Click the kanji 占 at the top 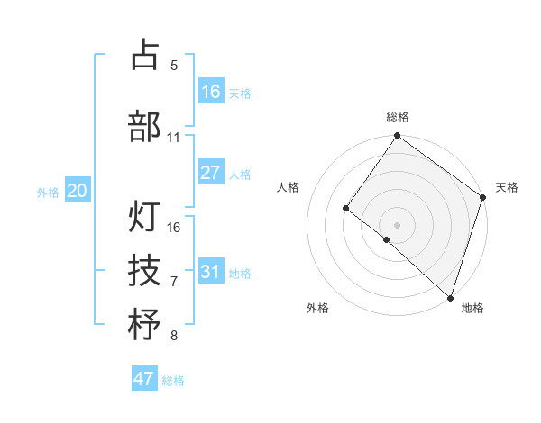click(144, 55)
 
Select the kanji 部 click(144, 126)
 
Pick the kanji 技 click(144, 269)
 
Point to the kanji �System click(144, 325)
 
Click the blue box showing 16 click(211, 92)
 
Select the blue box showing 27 click(211, 173)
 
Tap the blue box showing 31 click(211, 272)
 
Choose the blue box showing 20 click(78, 191)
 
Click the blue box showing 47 click(144, 379)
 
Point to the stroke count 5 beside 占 click(174, 66)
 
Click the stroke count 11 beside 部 click(174, 138)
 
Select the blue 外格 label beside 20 click(49, 193)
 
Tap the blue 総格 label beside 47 click(173, 381)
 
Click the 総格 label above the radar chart click(397, 117)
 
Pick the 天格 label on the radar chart click(507, 187)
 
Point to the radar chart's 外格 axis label click(316, 308)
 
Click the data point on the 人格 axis click(346, 209)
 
